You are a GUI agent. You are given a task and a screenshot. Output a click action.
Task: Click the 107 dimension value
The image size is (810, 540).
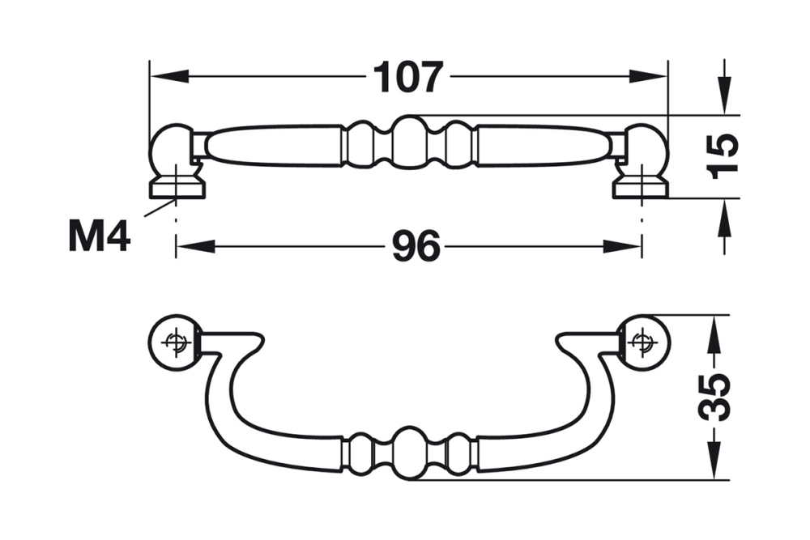(408, 78)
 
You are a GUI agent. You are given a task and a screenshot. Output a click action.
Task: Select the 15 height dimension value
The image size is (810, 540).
(723, 155)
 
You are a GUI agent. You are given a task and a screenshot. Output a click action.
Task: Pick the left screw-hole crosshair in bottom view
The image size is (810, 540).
(174, 342)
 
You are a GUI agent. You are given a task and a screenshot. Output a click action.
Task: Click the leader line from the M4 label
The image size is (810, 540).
(158, 208)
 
